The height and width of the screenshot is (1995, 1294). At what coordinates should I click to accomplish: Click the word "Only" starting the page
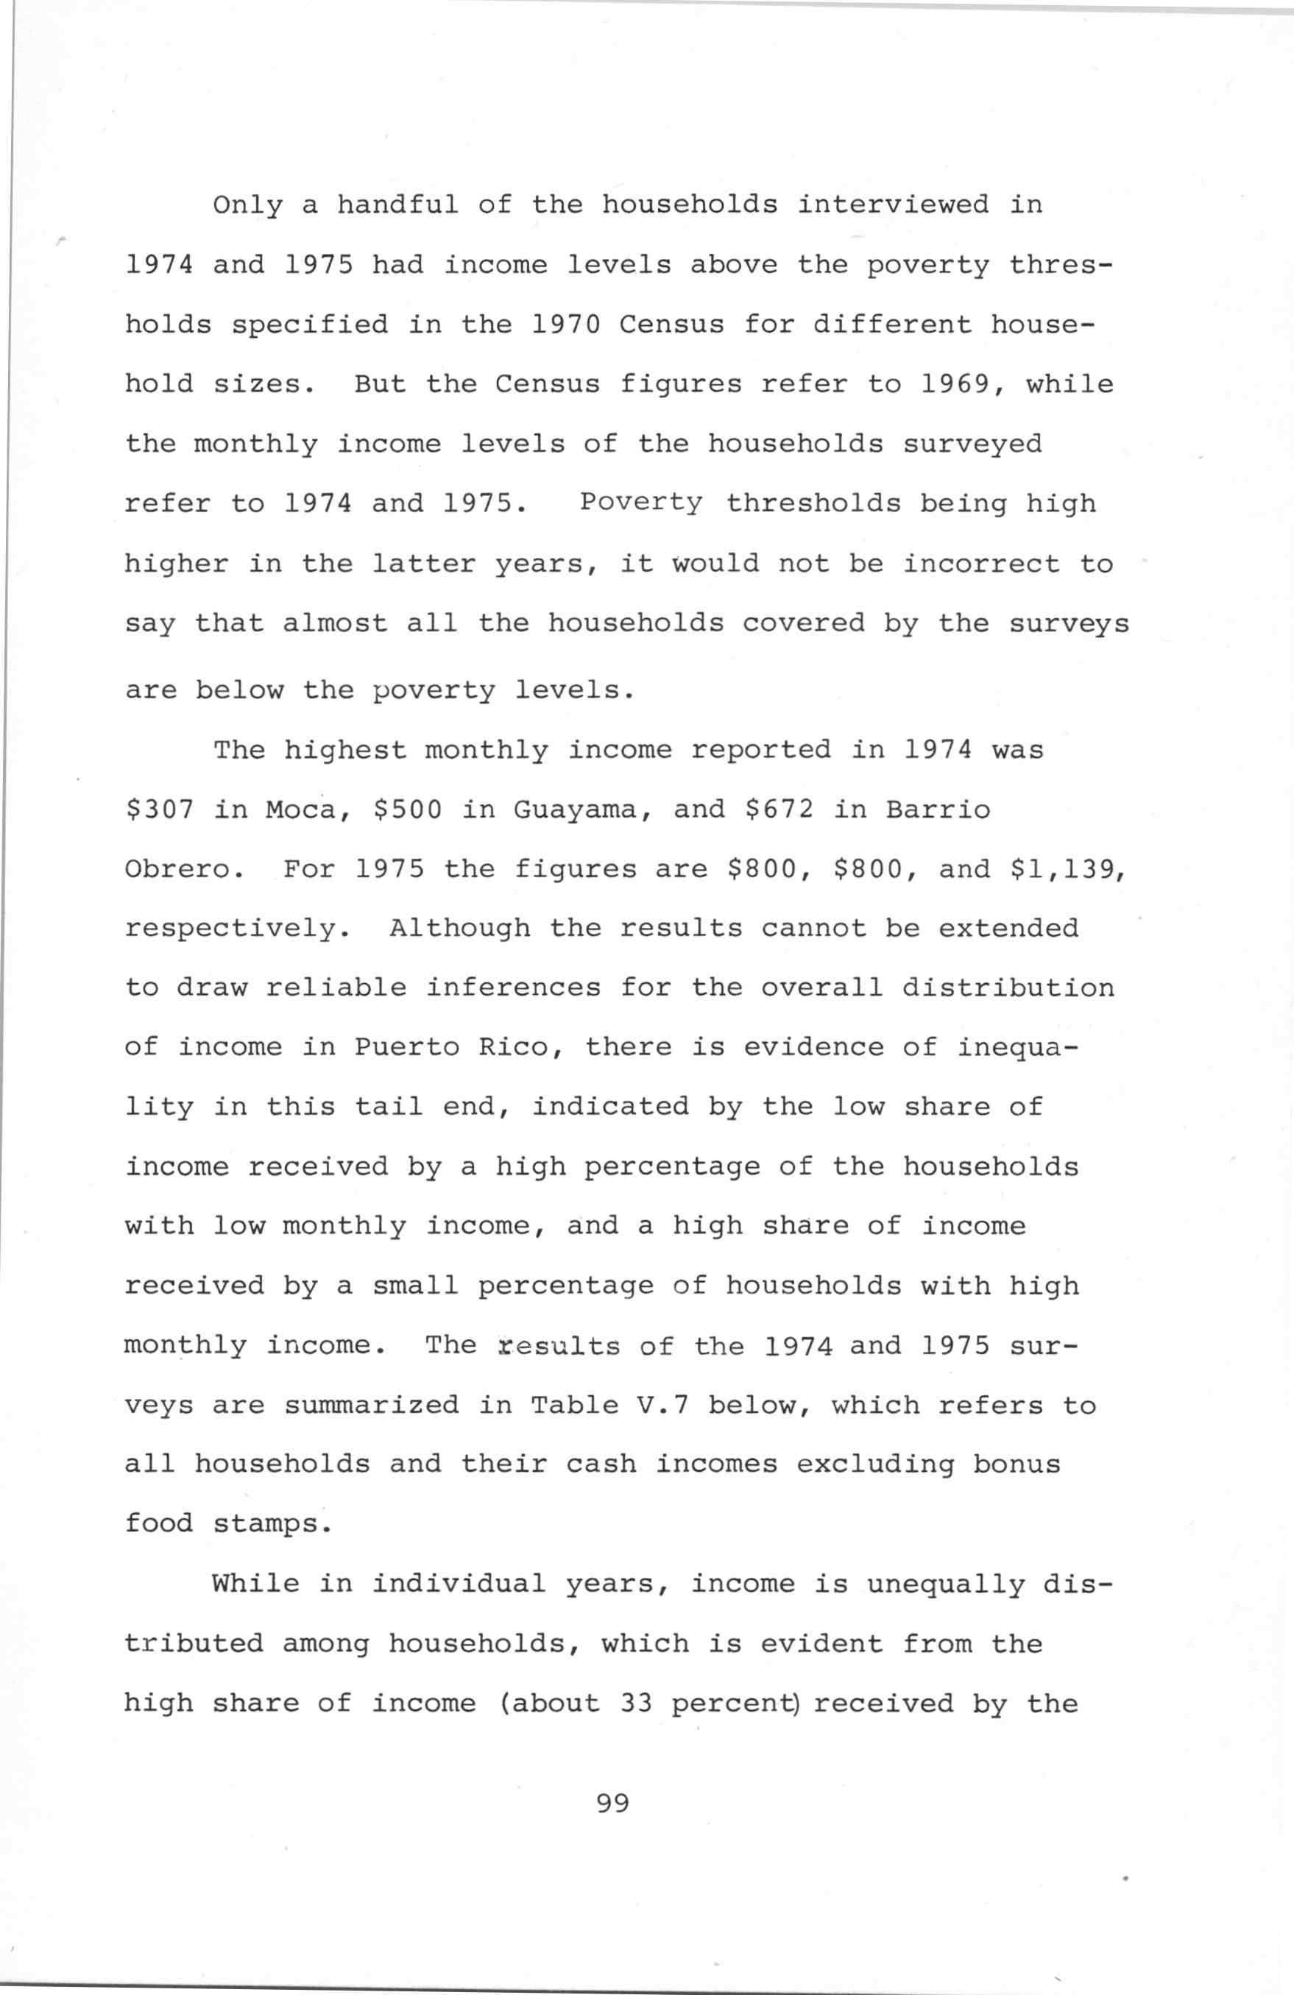(x=247, y=205)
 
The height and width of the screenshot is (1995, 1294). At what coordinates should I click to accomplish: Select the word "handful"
(x=397, y=205)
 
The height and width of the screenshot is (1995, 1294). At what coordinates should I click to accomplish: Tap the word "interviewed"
(x=892, y=205)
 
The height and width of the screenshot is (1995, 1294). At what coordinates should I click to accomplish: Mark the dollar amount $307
(x=159, y=809)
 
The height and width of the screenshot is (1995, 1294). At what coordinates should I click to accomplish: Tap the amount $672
(x=777, y=809)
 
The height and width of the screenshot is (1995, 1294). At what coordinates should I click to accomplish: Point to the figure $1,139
(x=1067, y=870)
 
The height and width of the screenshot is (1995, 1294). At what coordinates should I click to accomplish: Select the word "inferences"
(x=512, y=988)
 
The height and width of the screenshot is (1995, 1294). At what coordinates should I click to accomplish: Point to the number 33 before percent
(x=637, y=1704)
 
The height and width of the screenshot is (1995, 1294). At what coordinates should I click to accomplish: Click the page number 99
(x=612, y=1804)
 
